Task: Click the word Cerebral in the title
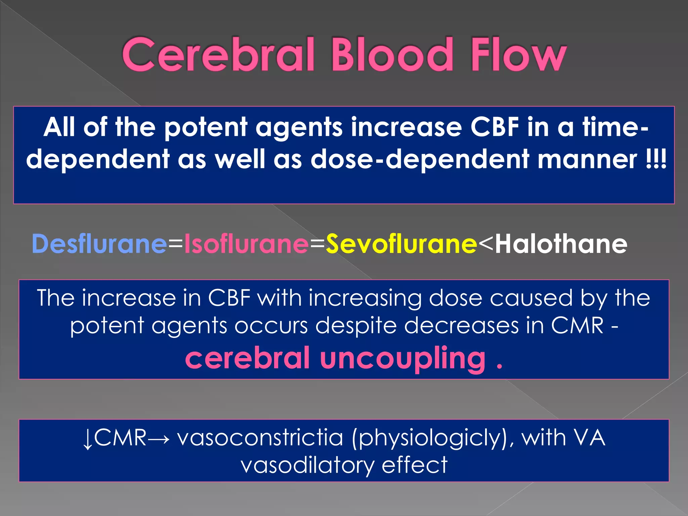click(218, 55)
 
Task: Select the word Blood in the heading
click(392, 55)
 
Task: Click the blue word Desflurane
click(99, 244)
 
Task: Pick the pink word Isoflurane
click(246, 244)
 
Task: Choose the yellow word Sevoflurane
click(401, 244)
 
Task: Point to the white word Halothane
click(561, 244)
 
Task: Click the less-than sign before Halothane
click(486, 244)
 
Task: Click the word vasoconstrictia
click(260, 438)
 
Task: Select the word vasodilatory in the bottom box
click(307, 465)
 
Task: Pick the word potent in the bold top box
click(206, 128)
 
